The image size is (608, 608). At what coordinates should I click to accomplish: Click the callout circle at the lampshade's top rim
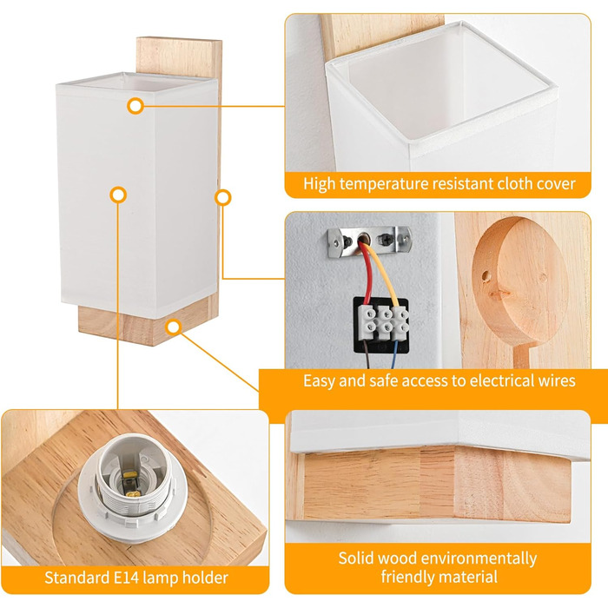(x=135, y=105)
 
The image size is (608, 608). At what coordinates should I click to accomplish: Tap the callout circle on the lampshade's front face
(x=118, y=195)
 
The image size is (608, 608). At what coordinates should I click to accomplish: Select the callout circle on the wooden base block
(x=174, y=327)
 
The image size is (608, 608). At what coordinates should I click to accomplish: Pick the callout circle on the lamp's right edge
(x=223, y=198)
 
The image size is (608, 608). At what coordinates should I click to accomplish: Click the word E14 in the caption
(x=126, y=578)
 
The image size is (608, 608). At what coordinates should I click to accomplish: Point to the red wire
(x=366, y=271)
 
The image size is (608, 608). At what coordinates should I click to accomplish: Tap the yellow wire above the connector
(x=384, y=274)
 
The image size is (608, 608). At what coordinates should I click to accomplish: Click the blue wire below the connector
(x=395, y=354)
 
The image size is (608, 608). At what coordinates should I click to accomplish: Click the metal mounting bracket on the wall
(x=369, y=241)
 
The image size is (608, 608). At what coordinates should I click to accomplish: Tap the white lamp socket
(x=132, y=484)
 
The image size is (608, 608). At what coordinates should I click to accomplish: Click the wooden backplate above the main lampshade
(x=179, y=57)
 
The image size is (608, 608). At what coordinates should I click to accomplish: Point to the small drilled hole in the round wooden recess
(x=485, y=276)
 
